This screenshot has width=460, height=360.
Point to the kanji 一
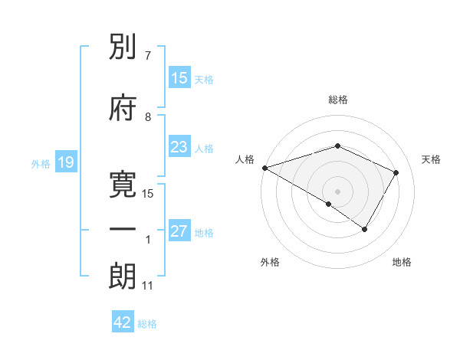[123, 231]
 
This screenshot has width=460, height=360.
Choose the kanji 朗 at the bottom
[123, 276]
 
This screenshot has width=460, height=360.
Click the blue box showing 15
[179, 78]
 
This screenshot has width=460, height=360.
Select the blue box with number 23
[179, 148]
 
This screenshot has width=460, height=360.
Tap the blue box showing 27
[179, 232]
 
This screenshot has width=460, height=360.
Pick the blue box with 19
[65, 162]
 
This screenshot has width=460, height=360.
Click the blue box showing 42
[123, 322]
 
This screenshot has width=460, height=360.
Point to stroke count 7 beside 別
[147, 56]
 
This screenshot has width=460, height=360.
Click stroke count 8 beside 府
[148, 116]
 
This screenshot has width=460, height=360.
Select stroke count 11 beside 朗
[148, 286]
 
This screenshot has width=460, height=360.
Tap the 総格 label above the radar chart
[338, 100]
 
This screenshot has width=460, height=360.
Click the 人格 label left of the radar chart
[245, 159]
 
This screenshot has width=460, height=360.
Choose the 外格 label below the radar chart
[270, 262]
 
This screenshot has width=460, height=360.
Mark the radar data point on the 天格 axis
[396, 172]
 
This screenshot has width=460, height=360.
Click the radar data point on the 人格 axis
[264, 167]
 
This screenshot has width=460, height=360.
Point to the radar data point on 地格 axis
[365, 229]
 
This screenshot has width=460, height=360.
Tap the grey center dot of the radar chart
[337, 191]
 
